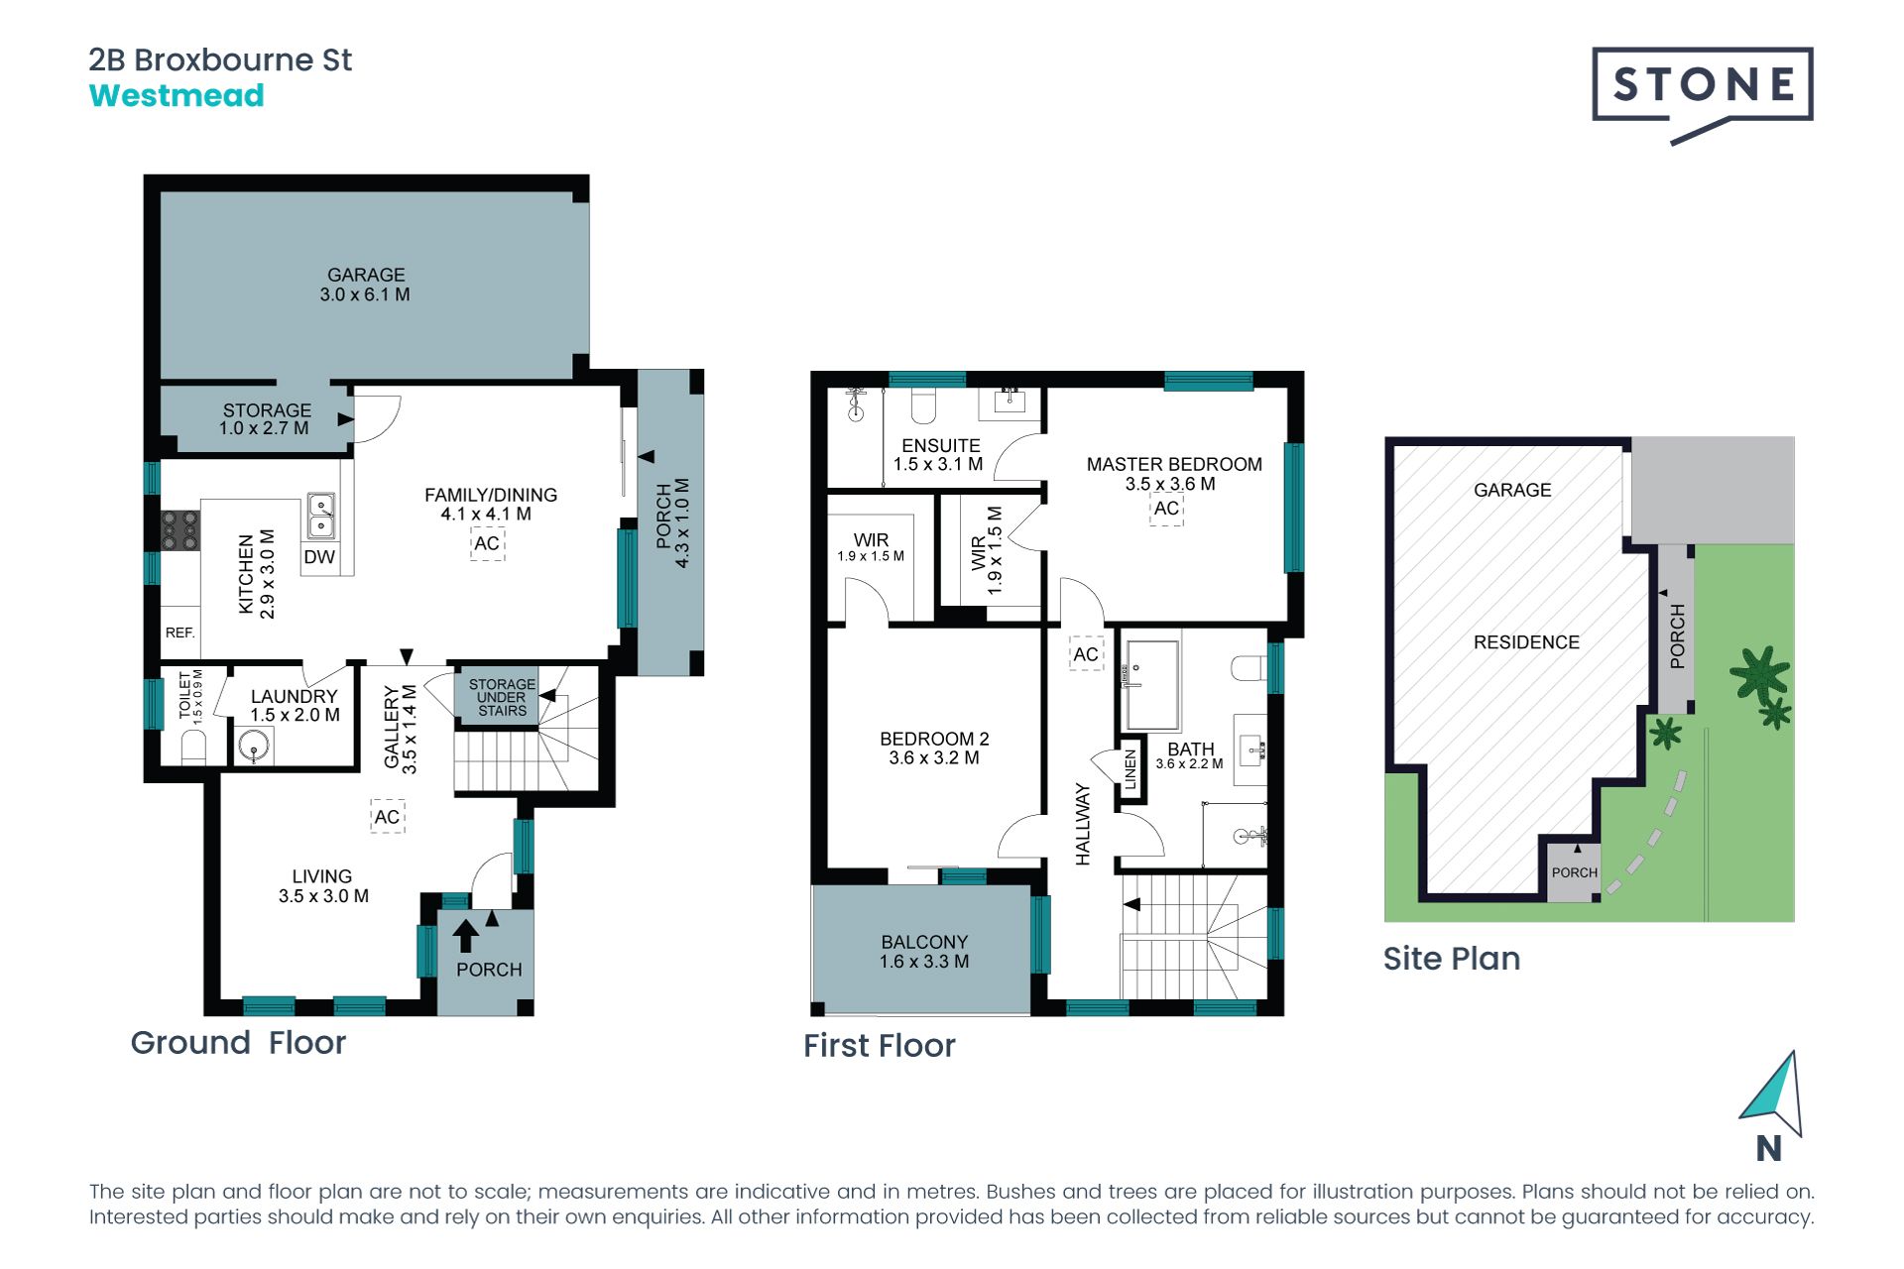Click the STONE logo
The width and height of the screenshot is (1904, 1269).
[x=1703, y=95]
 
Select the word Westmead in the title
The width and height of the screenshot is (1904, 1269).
[x=177, y=96]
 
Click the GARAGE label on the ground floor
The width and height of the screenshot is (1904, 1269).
[x=366, y=275]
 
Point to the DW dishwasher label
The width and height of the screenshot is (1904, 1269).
[x=319, y=557]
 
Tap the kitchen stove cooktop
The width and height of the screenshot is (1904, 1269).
[x=180, y=530]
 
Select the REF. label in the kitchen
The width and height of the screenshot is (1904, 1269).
[x=179, y=633]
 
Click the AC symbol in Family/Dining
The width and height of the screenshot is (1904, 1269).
[x=487, y=543]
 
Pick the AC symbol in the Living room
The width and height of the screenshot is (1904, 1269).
[x=387, y=817]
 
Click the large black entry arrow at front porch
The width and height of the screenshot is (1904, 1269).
[x=465, y=936]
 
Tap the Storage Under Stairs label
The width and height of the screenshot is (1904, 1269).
[x=502, y=697]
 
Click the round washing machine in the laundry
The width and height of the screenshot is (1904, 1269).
[x=255, y=746]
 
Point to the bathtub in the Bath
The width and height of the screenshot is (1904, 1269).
[x=1150, y=685]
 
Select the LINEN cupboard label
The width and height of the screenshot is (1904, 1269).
[x=1130, y=769]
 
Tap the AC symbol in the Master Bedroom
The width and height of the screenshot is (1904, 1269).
[x=1166, y=509]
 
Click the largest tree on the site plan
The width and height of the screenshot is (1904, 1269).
[x=1760, y=673]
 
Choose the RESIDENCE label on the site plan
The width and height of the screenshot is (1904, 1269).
[x=1526, y=642]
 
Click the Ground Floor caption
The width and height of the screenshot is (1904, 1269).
[x=238, y=1043]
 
